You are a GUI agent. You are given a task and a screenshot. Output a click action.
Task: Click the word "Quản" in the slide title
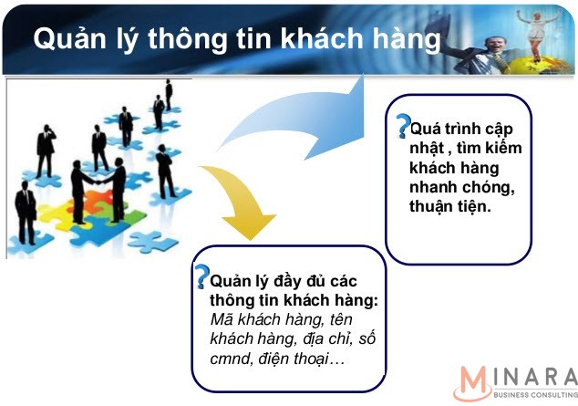(69, 38)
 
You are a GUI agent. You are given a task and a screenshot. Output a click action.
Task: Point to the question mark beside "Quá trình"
(403, 126)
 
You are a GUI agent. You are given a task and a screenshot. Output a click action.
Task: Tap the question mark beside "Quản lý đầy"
(202, 276)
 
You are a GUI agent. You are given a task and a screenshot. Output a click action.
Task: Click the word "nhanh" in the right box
(432, 187)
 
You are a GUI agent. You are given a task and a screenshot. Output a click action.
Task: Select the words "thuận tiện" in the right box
(450, 206)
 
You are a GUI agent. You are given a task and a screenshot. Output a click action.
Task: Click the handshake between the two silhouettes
(98, 182)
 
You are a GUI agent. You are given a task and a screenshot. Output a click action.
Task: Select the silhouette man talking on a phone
(46, 151)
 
